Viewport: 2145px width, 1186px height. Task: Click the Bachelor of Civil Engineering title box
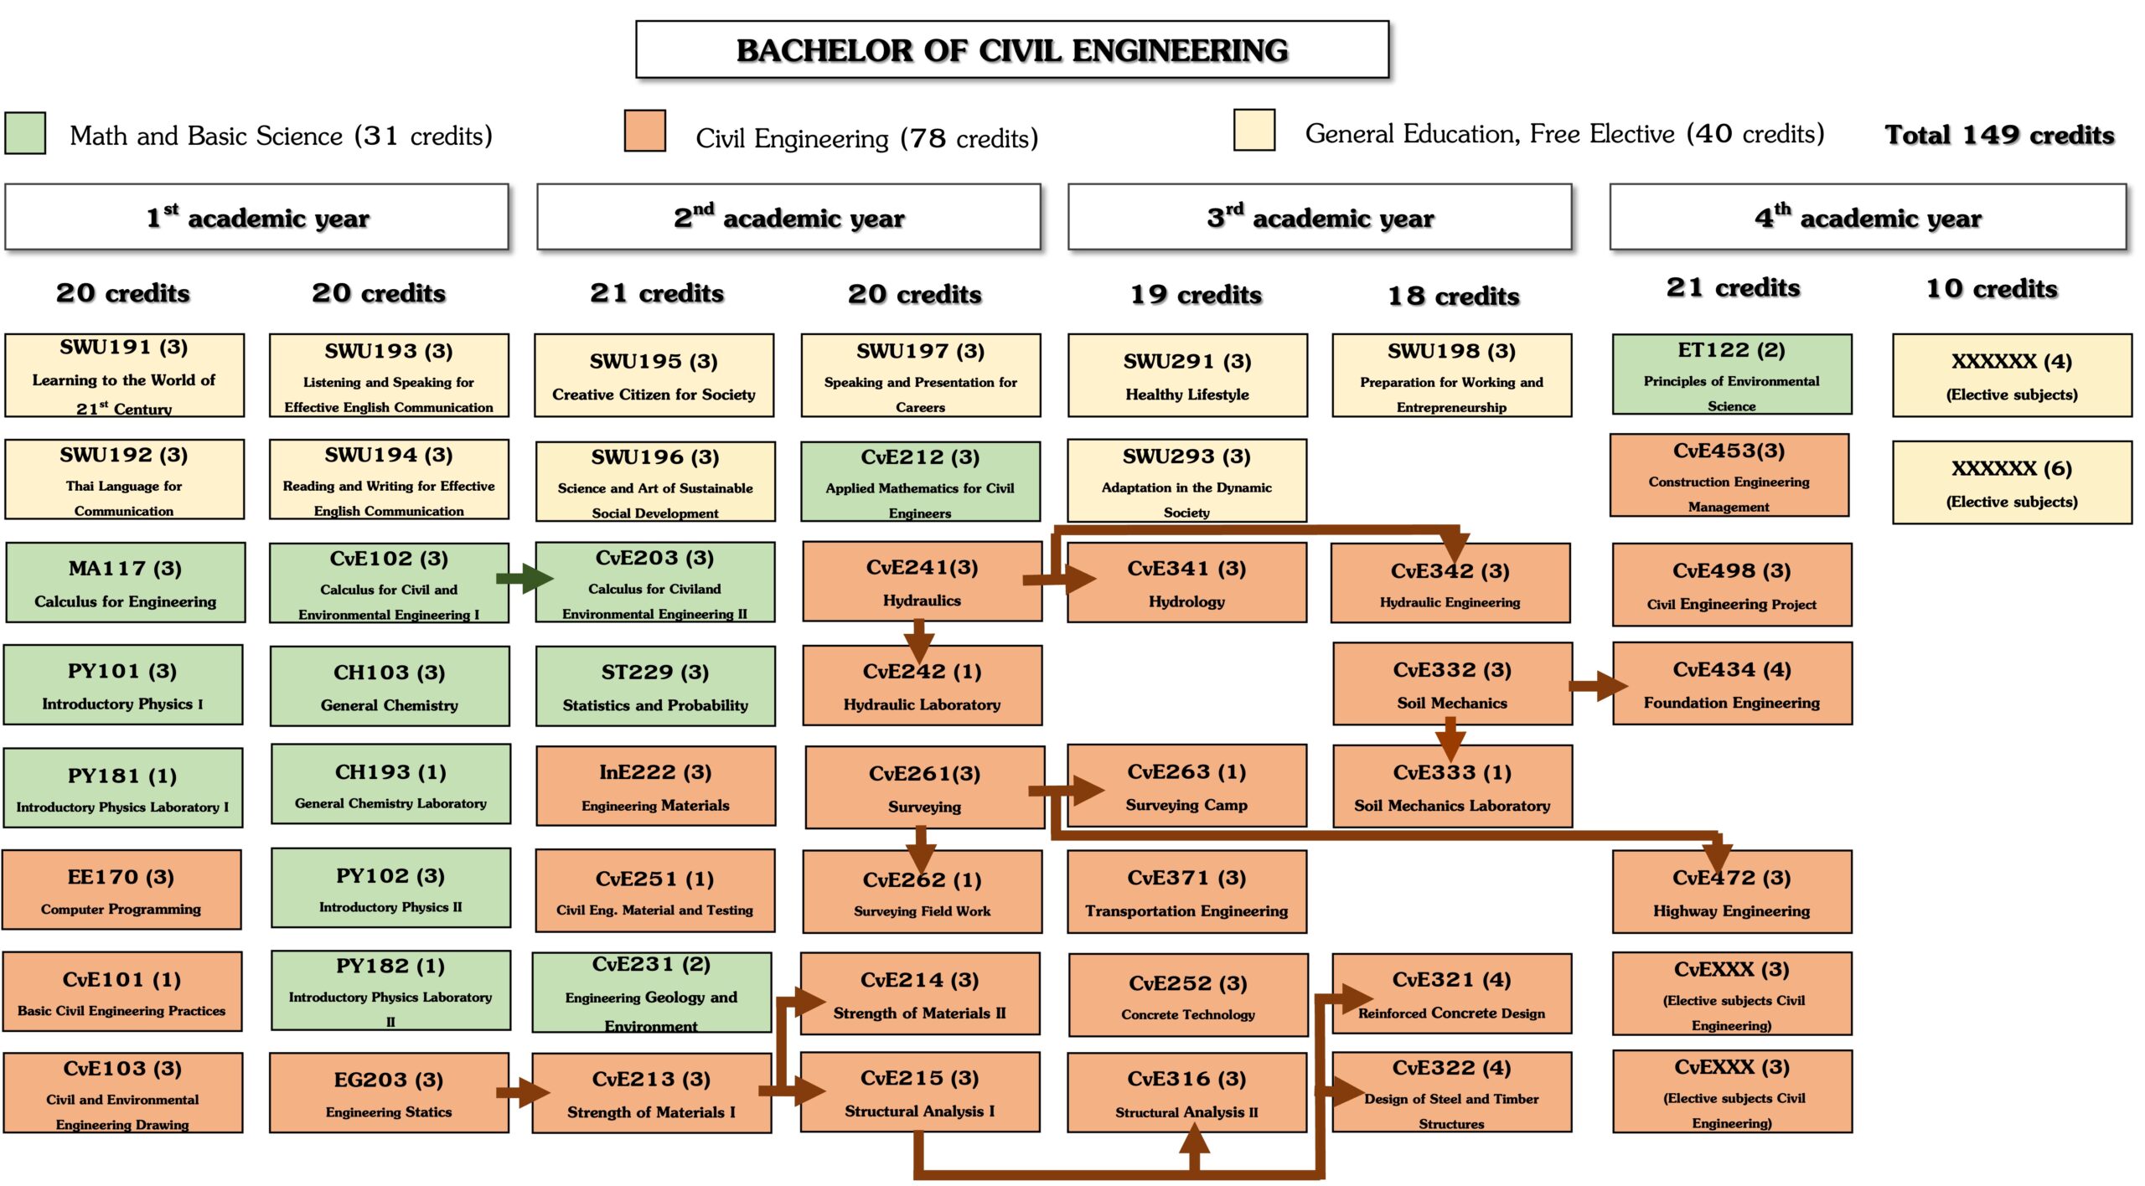(x=1011, y=50)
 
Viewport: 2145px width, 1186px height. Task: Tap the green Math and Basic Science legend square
(x=25, y=134)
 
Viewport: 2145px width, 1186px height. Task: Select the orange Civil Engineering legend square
(x=644, y=131)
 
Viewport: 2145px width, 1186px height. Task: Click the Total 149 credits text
(x=1999, y=135)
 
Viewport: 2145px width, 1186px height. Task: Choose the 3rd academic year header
(x=1319, y=217)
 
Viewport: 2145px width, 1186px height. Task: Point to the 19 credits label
(x=1196, y=295)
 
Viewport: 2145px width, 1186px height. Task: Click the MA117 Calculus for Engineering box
(x=125, y=583)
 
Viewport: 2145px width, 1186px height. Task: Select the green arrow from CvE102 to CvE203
(x=524, y=578)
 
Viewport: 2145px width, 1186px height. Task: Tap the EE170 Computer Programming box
(x=121, y=890)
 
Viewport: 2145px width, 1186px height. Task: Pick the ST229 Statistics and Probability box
(x=655, y=686)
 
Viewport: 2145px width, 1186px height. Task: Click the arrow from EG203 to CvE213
(x=523, y=1092)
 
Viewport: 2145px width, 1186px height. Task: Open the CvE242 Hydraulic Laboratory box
(x=922, y=686)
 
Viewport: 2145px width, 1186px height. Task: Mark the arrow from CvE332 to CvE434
(x=1596, y=686)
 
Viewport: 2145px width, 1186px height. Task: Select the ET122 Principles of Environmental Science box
(x=1731, y=374)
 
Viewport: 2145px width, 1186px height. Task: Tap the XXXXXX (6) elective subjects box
(x=2011, y=482)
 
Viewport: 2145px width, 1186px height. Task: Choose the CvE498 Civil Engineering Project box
(x=1731, y=585)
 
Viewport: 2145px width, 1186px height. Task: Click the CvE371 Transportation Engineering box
(x=1186, y=892)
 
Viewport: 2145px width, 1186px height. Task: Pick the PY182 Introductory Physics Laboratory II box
(x=390, y=991)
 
